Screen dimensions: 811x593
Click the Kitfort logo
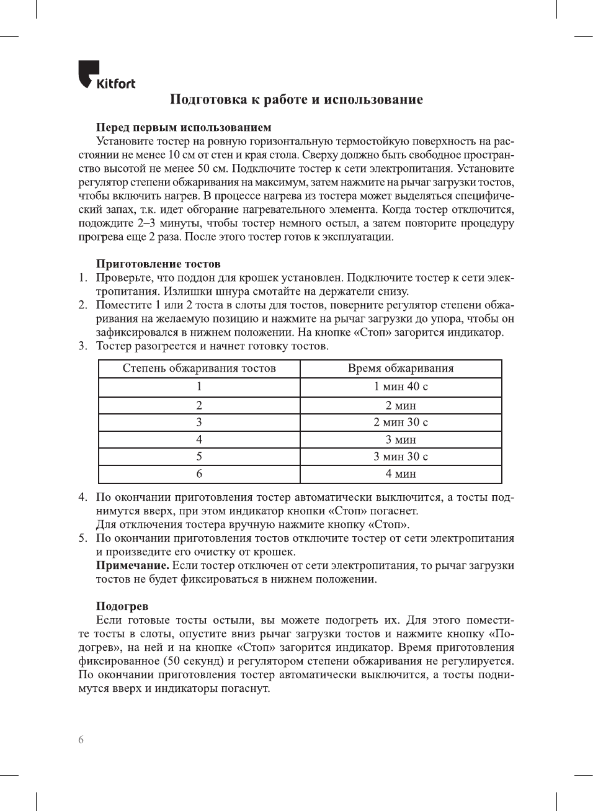click(106, 75)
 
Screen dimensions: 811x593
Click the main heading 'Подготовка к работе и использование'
click(296, 99)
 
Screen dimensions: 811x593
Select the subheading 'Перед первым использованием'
click(184, 127)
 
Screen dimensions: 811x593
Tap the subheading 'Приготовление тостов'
click(158, 264)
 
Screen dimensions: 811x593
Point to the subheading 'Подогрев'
click(122, 606)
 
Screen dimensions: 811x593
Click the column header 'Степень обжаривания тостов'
click(199, 369)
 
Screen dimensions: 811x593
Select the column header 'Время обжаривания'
click(401, 369)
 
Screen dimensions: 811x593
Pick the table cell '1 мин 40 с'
click(401, 387)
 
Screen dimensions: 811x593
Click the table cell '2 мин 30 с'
click(401, 423)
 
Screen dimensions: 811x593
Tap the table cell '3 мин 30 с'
click(401, 457)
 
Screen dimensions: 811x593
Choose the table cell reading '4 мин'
click(401, 474)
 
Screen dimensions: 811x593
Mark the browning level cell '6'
click(199, 474)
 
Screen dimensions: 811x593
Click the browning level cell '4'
click(199, 440)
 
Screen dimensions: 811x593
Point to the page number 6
click(81, 740)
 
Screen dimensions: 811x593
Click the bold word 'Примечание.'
click(132, 565)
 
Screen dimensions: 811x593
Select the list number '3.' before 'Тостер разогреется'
click(83, 346)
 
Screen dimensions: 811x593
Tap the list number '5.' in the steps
click(83, 538)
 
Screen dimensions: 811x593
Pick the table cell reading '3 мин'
click(401, 440)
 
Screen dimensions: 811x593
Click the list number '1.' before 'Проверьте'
click(83, 277)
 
